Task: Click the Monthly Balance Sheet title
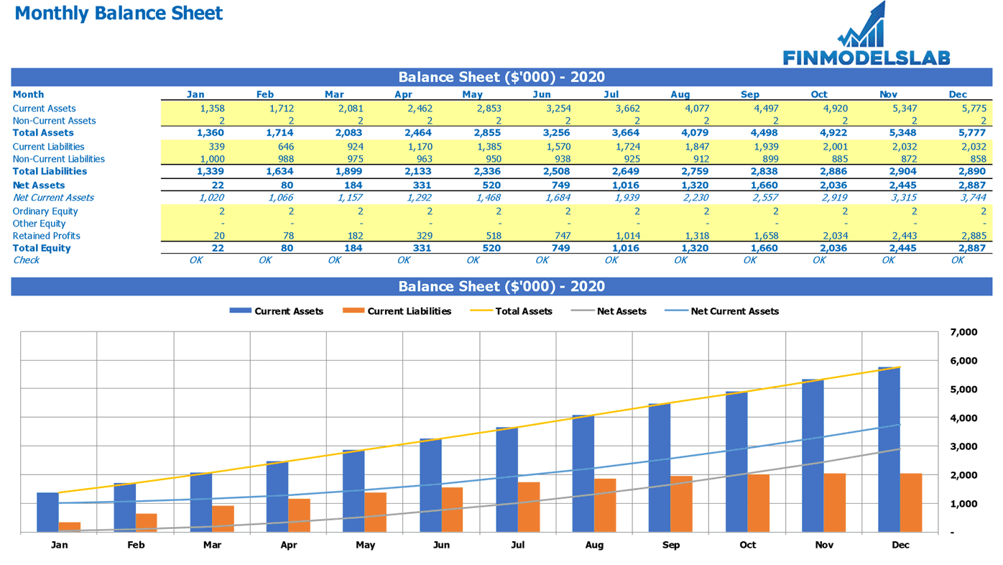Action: (x=119, y=14)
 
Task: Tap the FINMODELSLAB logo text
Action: (x=866, y=58)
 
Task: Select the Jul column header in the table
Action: (x=611, y=94)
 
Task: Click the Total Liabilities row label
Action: (x=50, y=171)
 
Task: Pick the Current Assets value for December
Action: (x=974, y=109)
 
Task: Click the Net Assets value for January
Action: (x=218, y=185)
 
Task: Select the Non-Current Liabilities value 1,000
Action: (x=212, y=159)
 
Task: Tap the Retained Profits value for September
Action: (x=766, y=236)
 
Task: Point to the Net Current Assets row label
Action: (x=53, y=198)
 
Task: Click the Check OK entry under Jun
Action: (x=542, y=260)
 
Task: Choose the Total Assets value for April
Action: (x=417, y=133)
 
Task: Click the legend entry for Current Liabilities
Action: (x=397, y=311)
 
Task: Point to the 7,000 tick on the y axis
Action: (x=963, y=332)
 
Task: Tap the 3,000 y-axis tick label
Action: (x=963, y=446)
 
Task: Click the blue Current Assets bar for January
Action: (x=48, y=512)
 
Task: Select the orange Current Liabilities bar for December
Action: (x=911, y=502)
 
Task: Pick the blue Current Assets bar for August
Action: (x=583, y=474)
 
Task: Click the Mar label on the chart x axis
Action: (x=212, y=545)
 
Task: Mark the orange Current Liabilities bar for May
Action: (x=375, y=512)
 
